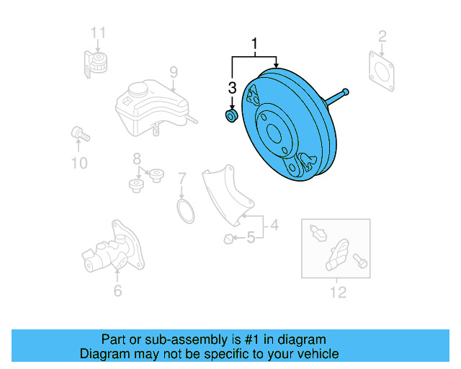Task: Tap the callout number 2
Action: click(x=382, y=35)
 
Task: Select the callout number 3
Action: click(x=232, y=88)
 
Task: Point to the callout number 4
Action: click(x=274, y=228)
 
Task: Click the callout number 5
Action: click(x=251, y=237)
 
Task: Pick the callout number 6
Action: click(x=117, y=290)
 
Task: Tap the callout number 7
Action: click(x=182, y=177)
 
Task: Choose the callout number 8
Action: click(x=135, y=159)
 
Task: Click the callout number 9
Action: click(x=173, y=71)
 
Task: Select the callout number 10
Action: click(x=79, y=163)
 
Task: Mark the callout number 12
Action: click(x=337, y=292)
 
